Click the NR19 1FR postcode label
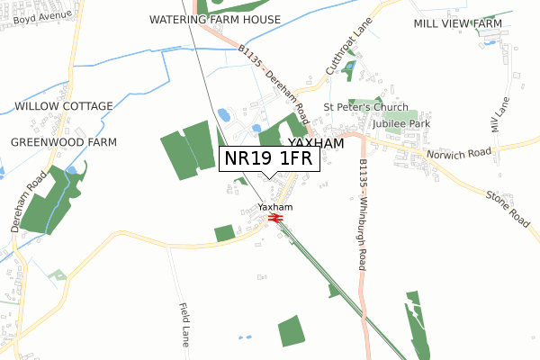click(267, 158)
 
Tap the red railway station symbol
click(276, 217)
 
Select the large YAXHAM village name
click(315, 143)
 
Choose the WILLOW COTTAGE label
click(64, 106)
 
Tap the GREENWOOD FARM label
click(64, 142)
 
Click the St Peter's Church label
click(366, 107)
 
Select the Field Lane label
click(184, 325)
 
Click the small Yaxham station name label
click(275, 207)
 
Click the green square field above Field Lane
click(224, 234)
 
